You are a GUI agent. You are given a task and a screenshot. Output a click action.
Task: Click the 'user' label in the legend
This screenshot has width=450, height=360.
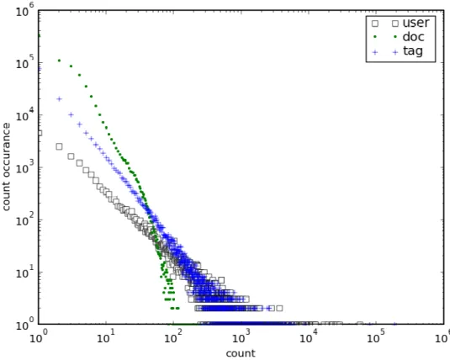point(416,23)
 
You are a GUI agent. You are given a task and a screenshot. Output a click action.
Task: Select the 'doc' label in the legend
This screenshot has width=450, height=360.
point(413,37)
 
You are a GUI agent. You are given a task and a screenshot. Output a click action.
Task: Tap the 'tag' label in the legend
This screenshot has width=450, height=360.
point(413,51)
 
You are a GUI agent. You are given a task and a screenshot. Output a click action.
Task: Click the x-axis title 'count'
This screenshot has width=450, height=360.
point(241,353)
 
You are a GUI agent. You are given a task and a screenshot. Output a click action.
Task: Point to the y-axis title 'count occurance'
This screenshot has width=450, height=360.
point(6,167)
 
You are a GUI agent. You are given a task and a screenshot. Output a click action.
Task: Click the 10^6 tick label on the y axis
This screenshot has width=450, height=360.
point(25,9)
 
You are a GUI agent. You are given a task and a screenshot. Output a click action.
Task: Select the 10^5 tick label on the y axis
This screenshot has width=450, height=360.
point(25,61)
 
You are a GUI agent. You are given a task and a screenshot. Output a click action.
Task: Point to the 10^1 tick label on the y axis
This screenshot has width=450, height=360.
point(25,272)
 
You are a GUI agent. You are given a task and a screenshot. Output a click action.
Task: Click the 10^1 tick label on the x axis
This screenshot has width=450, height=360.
point(106,336)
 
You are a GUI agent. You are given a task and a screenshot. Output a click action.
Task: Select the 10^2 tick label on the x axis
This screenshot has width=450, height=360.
point(173,336)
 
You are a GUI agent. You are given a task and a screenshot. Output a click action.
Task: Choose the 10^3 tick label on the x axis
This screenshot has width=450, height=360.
point(241,336)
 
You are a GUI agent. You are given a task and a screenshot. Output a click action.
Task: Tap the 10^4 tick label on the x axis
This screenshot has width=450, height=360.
point(309,336)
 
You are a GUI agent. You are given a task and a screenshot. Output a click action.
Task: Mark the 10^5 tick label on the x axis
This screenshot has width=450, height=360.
point(376,336)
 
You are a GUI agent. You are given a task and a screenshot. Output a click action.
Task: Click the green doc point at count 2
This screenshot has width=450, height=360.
point(59,61)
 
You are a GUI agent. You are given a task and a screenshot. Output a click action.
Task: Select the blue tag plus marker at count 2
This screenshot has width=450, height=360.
point(59,99)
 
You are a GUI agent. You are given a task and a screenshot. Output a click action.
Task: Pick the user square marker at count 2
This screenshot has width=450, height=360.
point(59,146)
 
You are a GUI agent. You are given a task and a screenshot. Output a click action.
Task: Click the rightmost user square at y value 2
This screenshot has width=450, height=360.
point(279,309)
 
